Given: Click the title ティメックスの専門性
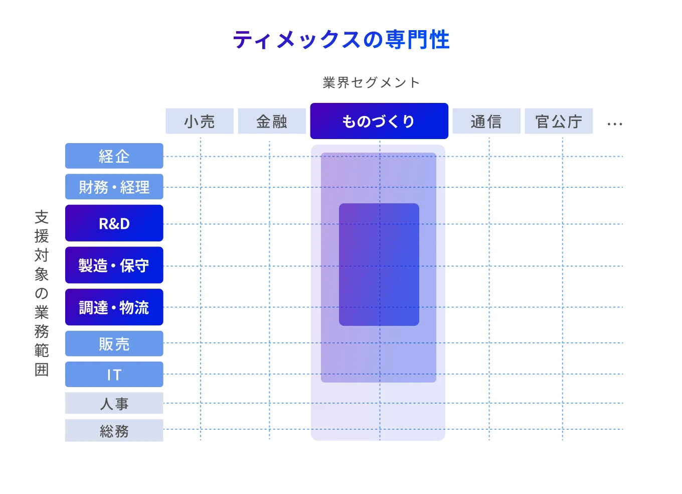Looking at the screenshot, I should coord(341,40).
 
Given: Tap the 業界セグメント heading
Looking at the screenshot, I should coord(371,82).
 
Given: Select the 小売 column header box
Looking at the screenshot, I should coord(200,121).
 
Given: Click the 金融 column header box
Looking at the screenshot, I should coord(272,121).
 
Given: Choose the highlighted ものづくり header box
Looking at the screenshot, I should coord(379,121).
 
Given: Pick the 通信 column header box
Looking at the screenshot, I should coord(486,121).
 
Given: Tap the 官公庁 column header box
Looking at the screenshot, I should coord(559,121).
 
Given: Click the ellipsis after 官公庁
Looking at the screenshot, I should coord(614,124).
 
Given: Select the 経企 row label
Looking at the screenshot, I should coord(114,156).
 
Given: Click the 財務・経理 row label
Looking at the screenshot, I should coord(114,187).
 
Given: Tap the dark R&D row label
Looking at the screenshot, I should coord(114,223).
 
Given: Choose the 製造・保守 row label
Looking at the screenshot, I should coord(114,265).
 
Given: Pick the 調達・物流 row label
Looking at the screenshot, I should coord(114,307).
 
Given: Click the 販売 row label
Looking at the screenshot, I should coord(114,343).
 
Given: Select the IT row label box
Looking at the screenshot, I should coord(114,375).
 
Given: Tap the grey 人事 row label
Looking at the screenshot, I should coord(114,403).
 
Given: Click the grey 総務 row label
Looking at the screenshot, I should coord(114,431).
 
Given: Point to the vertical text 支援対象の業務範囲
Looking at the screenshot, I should coord(42,294).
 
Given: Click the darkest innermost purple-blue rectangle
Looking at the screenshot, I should coord(379,265).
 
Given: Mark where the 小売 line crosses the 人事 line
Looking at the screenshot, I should coord(201,403).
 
